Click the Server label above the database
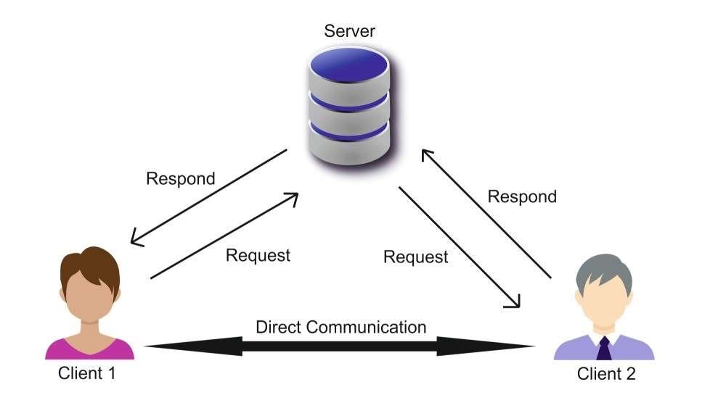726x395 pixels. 350,31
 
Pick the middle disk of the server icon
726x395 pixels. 349,107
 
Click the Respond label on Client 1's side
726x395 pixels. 181,178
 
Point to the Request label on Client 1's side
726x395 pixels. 258,255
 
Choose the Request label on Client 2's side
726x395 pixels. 415,257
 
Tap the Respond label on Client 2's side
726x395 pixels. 521,196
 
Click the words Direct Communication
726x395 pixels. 340,327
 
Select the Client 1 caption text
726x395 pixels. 87,374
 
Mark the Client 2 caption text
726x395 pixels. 606,374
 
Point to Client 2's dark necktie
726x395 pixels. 603,349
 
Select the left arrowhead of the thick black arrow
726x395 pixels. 163,347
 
